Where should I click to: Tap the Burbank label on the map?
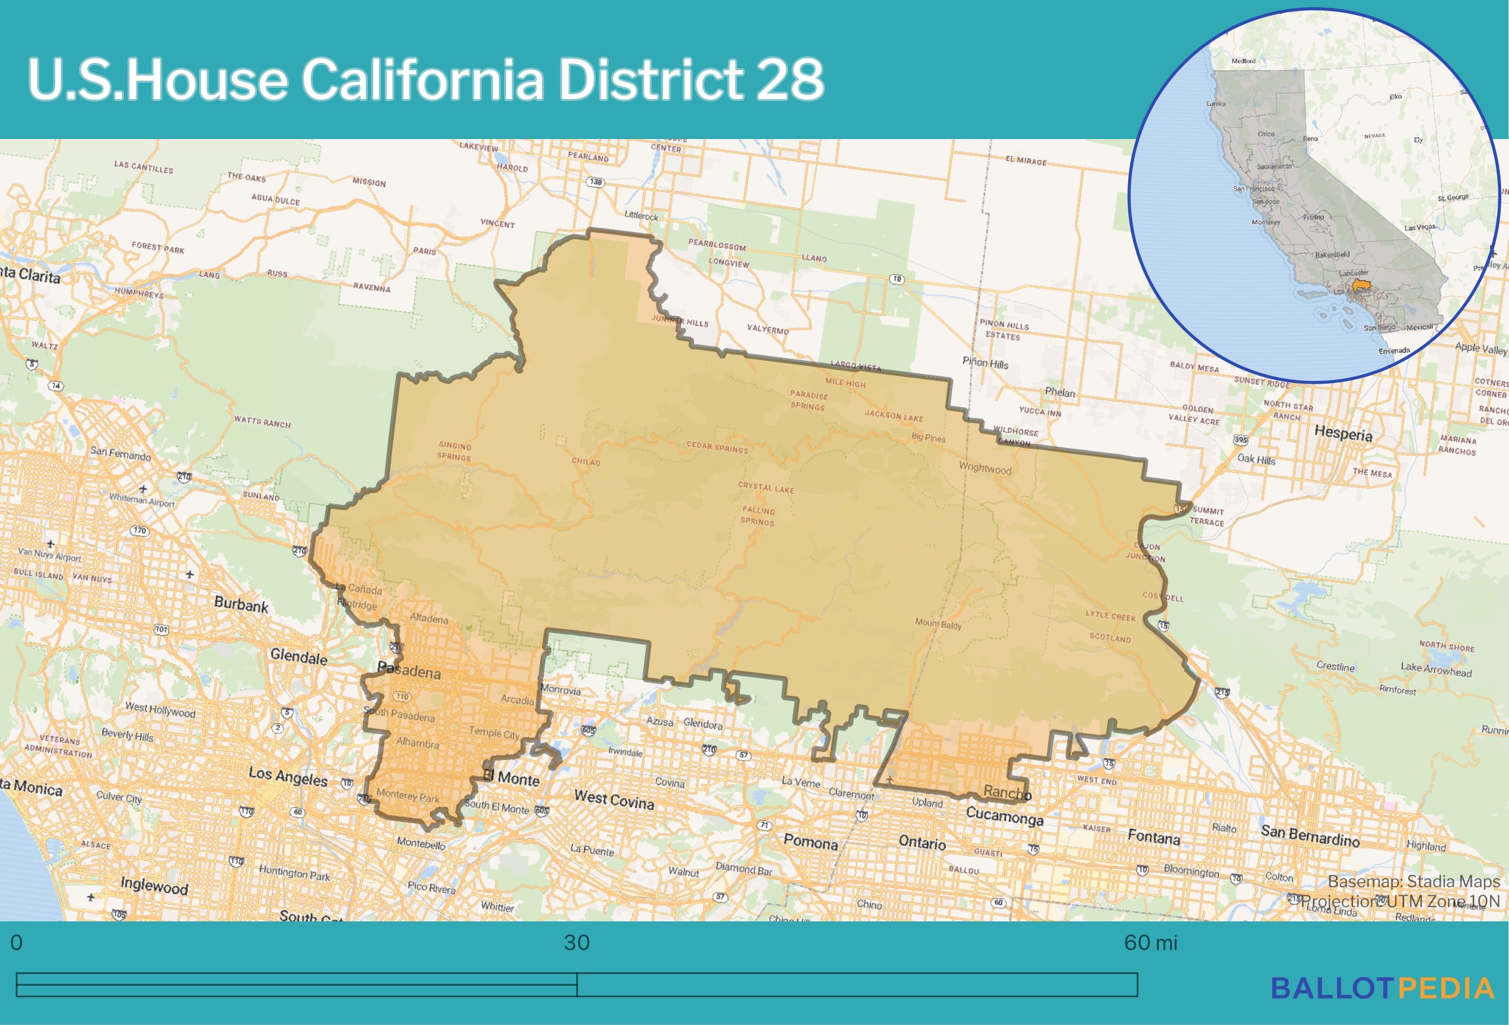click(x=241, y=604)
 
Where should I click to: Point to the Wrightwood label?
click(x=985, y=468)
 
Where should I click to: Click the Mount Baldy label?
click(x=938, y=624)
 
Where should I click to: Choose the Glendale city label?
click(x=298, y=656)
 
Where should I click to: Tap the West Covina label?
click(x=614, y=799)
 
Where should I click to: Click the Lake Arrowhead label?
click(x=1436, y=669)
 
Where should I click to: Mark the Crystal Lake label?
click(x=766, y=488)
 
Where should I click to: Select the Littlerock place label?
click(x=641, y=216)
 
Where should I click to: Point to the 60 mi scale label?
click(x=1150, y=943)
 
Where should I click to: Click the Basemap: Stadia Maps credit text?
click(x=1413, y=881)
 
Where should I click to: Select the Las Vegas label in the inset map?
click(x=1419, y=228)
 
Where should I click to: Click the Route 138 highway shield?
click(x=595, y=182)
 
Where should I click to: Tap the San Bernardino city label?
click(x=1310, y=835)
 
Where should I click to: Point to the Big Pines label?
click(x=928, y=437)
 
